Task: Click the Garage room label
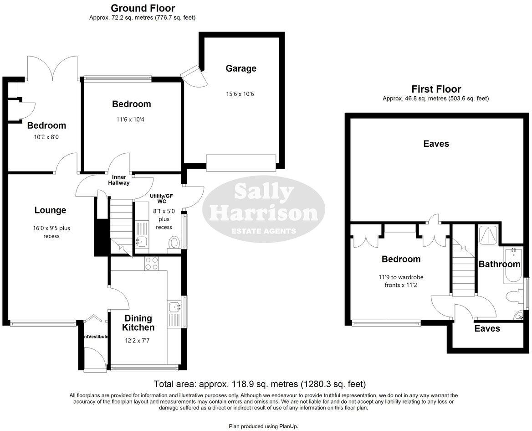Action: coord(241,68)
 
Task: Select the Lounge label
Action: coord(50,210)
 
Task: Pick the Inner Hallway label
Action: coord(118,180)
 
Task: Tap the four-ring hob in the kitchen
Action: coord(151,263)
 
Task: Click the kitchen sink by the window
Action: coord(175,308)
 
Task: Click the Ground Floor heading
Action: coord(143,8)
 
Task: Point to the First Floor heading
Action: coord(436,89)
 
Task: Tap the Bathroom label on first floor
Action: coord(499,264)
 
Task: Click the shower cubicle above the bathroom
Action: coord(488,234)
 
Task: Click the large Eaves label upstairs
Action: coord(436,144)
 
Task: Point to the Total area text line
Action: coord(260,384)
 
